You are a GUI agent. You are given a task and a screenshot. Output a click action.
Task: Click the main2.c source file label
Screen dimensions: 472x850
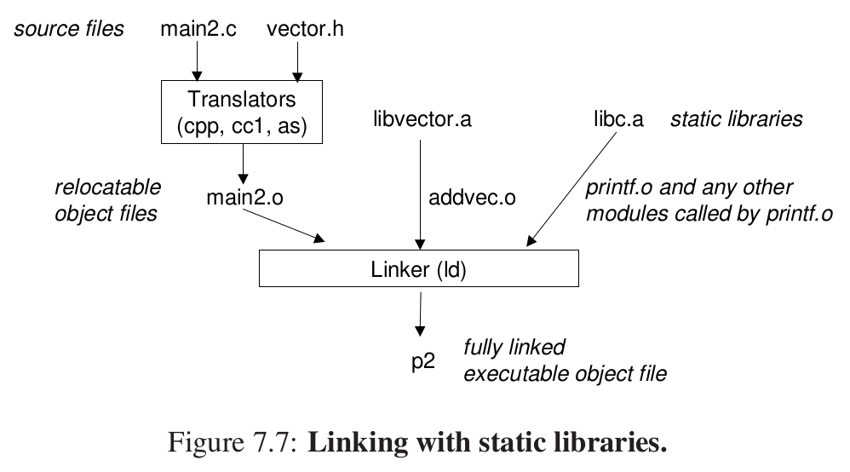pos(198,28)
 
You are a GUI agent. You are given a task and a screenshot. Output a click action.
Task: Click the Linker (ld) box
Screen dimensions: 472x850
pos(419,272)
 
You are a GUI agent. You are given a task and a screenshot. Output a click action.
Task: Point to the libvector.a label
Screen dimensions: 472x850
pos(422,119)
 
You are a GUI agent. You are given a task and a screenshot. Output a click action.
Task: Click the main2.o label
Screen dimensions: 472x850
pos(245,198)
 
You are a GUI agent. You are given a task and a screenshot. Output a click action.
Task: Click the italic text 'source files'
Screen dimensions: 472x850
pos(68,29)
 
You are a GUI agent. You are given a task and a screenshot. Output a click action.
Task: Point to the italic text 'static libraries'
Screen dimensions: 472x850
pos(736,119)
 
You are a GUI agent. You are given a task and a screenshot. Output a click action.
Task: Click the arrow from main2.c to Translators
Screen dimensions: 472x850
pos(198,60)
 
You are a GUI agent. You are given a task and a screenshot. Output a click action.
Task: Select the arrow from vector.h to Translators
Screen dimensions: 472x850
pos(297,60)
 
